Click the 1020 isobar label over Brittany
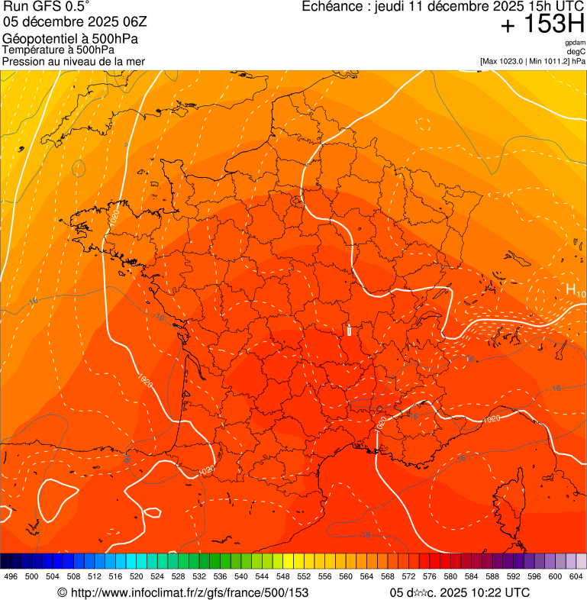click(x=114, y=217)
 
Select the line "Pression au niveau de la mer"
click(x=73, y=61)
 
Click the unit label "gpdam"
click(x=575, y=43)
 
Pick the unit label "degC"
click(x=576, y=51)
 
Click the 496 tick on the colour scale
click(x=11, y=576)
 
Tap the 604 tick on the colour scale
click(x=576, y=576)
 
